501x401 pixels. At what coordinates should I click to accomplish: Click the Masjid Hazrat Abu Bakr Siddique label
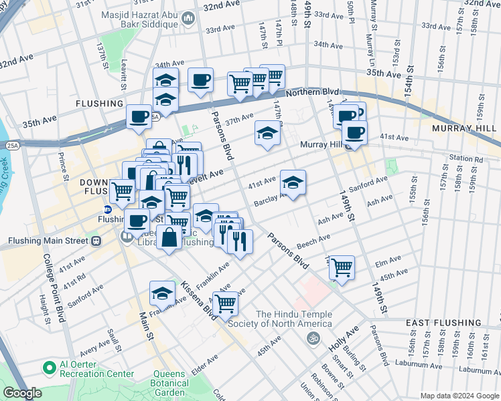[139, 19]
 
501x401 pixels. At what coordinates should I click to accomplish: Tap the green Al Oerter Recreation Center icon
[49, 368]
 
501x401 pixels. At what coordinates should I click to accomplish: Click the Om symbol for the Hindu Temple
[310, 339]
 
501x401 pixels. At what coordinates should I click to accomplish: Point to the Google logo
[22, 393]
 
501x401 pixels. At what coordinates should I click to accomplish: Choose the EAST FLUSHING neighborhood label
[441, 323]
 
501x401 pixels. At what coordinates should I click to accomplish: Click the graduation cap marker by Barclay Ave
[293, 182]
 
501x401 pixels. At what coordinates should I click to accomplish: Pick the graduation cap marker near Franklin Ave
[162, 292]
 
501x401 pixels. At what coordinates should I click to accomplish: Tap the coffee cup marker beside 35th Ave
[139, 116]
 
